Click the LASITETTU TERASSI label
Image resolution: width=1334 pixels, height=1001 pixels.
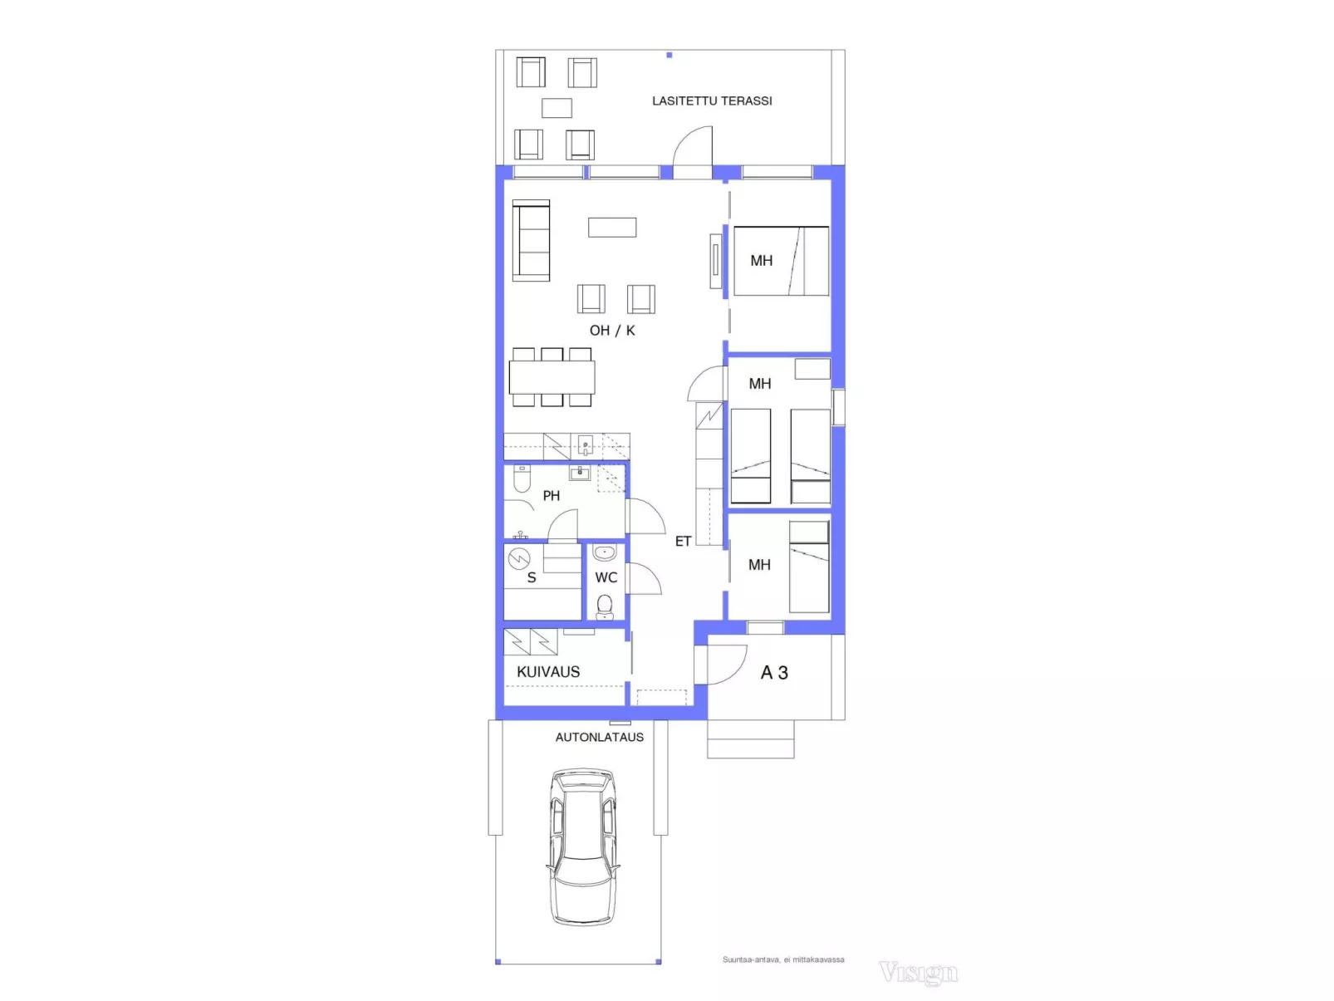[x=712, y=101]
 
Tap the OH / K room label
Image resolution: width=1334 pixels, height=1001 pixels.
[x=612, y=330]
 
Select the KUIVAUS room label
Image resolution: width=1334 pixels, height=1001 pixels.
[x=548, y=671]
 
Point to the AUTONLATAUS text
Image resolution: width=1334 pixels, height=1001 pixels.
[x=599, y=737]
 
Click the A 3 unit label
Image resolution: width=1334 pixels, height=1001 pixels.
[x=774, y=672]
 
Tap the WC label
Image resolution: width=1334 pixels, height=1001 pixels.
[x=606, y=577]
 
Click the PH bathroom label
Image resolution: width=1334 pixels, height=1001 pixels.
[x=552, y=495]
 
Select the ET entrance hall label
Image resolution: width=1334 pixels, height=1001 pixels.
[x=683, y=541]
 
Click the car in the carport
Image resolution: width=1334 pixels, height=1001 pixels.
[x=583, y=848]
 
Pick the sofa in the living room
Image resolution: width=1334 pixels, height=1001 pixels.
[x=531, y=241]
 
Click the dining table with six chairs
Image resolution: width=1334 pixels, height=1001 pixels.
[x=552, y=377]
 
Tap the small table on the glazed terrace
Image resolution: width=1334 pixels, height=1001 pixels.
[x=557, y=108]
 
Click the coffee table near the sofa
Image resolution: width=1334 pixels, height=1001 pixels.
[x=612, y=228]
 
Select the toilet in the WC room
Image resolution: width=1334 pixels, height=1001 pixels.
[x=604, y=607]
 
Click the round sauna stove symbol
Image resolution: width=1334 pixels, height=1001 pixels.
[x=519, y=558]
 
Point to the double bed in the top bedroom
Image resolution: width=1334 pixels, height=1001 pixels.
[x=781, y=262]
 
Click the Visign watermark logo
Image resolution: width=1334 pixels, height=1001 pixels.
[x=919, y=973]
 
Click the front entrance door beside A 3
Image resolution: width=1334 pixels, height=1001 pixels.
[x=726, y=665]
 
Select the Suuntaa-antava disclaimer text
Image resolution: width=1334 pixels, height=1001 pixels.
[x=783, y=959]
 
